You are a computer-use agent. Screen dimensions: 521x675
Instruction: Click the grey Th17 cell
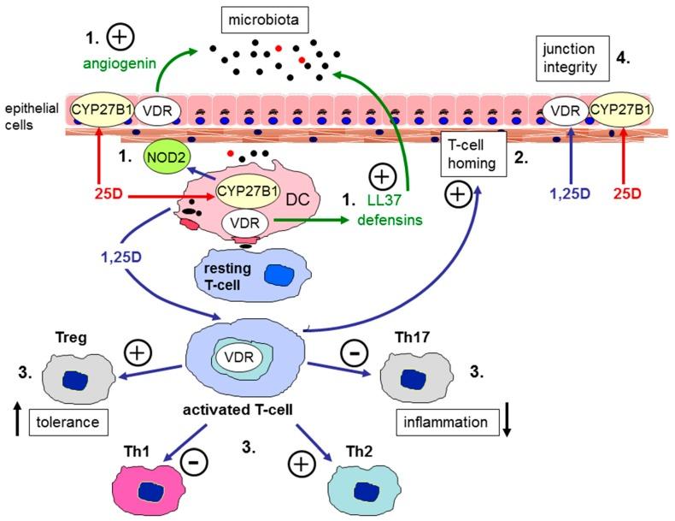pos(410,379)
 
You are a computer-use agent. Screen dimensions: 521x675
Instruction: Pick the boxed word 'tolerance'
pos(67,421)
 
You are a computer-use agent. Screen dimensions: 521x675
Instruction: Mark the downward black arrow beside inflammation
pos(506,421)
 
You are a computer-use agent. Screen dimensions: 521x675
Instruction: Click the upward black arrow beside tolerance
pos(18,422)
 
